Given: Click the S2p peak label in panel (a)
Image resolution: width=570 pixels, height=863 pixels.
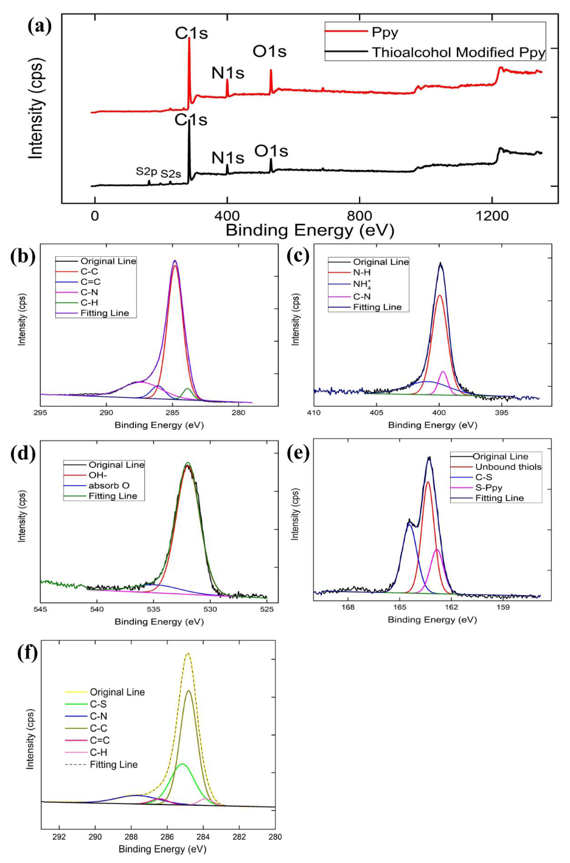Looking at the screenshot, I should point(147,172).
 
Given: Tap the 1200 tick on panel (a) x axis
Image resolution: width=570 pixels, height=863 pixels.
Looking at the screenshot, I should point(492,216).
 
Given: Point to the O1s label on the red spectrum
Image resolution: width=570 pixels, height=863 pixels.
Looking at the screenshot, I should point(269,52).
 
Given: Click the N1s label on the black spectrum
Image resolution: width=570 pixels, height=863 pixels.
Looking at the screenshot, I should point(228,158).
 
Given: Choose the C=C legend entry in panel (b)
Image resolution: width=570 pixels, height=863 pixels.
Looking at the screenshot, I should point(91,282).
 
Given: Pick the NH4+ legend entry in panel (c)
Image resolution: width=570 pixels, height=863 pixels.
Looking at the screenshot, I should point(362,284).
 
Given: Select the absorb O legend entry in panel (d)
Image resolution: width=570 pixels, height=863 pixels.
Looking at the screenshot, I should point(109,486).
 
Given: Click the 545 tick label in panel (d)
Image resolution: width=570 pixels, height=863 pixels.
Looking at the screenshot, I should point(41,609).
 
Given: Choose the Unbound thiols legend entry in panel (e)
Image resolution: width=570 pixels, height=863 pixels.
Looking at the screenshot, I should point(508,467).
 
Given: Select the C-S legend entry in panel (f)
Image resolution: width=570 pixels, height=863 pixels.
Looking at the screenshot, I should point(98,704).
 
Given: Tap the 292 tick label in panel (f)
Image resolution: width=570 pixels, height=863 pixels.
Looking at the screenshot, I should point(59,837).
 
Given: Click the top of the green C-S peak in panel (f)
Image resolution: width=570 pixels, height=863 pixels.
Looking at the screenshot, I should point(181,764).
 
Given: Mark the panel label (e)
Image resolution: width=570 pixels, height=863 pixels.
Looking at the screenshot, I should point(298,454).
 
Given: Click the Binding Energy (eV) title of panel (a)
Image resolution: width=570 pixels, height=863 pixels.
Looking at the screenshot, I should point(310,231).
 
